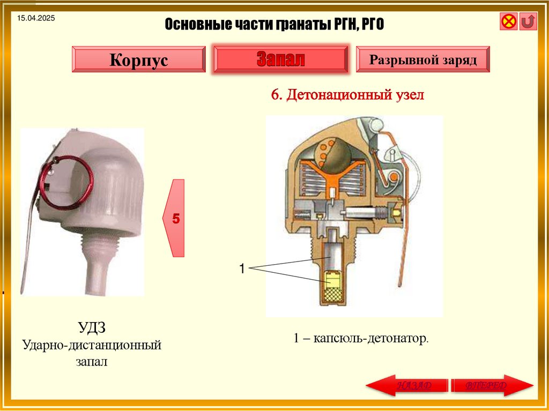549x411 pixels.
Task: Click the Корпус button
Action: point(138,59)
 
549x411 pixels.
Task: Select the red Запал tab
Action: point(280,59)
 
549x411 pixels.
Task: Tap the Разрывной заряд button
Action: point(422,59)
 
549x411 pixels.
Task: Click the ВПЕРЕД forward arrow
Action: point(492,386)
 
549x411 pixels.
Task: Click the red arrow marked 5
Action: point(175,218)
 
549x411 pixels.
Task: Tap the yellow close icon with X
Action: point(509,22)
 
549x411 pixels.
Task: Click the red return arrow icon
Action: point(529,22)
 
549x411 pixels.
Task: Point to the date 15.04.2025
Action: point(36,19)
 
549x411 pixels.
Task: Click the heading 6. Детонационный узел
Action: point(347,95)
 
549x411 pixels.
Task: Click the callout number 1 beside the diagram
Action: point(242,268)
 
